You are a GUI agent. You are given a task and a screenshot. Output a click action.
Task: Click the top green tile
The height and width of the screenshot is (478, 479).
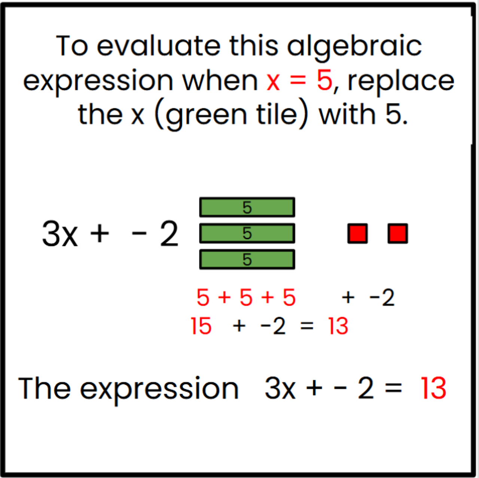click(247, 207)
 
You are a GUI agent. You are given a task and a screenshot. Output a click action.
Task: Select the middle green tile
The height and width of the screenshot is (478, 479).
click(247, 233)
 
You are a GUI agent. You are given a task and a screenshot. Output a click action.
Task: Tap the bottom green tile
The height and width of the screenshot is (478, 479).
click(247, 259)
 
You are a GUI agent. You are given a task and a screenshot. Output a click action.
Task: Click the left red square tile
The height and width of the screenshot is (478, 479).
click(357, 234)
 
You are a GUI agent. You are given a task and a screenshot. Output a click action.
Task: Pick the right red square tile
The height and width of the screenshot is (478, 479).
click(397, 234)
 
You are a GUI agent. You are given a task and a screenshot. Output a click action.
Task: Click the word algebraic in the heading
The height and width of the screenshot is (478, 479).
click(354, 47)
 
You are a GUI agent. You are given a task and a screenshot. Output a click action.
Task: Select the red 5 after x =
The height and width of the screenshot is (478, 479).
click(324, 81)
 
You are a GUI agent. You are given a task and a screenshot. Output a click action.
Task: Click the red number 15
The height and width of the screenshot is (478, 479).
click(201, 326)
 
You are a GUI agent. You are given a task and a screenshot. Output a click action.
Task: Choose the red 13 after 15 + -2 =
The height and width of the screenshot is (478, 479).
click(338, 326)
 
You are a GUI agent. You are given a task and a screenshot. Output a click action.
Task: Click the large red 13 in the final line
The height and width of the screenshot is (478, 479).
click(433, 388)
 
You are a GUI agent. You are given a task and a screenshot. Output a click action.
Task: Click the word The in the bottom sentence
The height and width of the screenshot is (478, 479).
click(44, 388)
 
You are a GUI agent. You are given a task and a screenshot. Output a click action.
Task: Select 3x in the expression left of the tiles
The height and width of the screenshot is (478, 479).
click(60, 234)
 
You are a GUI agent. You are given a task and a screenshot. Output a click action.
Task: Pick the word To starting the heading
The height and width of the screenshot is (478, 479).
click(72, 46)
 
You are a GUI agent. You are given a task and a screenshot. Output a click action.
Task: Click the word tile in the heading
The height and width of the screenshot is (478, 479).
click(277, 114)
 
